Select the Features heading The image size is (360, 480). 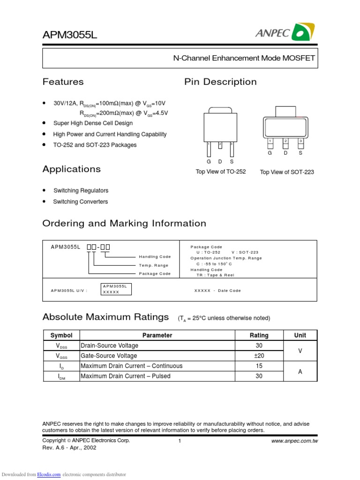tap(63, 82)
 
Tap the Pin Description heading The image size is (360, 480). tap(220, 82)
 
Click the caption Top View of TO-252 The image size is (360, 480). tap(220, 172)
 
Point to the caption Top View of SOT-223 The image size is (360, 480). tap(287, 172)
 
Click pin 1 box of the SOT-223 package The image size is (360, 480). tap(270, 141)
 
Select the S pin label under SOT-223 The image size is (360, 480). tap(300, 153)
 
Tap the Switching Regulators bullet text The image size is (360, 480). tap(81, 191)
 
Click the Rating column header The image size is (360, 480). tap(259, 335)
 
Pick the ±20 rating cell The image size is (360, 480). tap(259, 356)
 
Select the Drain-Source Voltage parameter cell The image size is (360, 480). tap(110, 345)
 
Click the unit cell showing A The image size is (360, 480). tap(300, 371)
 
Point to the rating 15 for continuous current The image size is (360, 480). tap(259, 366)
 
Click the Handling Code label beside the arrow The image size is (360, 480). tap(155, 257)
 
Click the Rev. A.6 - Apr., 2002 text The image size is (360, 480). tap(69, 448)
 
